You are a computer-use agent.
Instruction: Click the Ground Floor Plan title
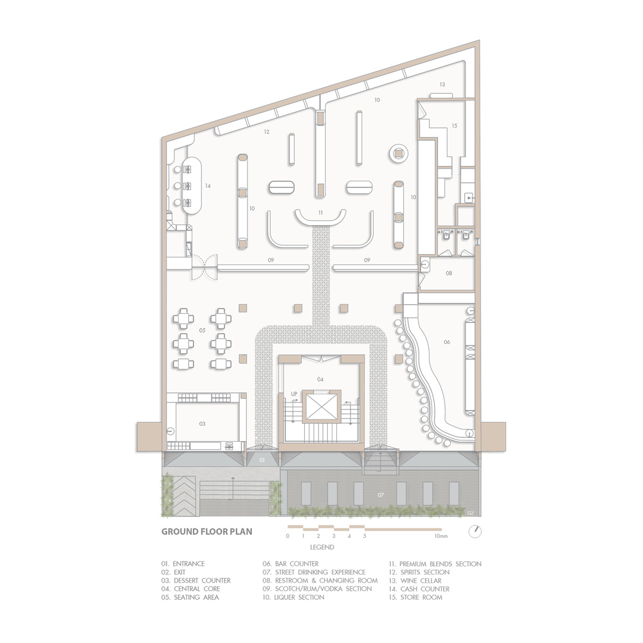tap(206, 532)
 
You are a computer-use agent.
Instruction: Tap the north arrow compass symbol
tap(475, 532)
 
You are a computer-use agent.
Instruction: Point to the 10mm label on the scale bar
tap(441, 536)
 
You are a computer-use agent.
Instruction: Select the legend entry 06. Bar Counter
tap(291, 564)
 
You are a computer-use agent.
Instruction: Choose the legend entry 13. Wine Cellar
tap(415, 581)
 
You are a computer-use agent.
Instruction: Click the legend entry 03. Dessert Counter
tap(195, 581)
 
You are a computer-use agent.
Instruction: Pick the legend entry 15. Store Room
tap(415, 597)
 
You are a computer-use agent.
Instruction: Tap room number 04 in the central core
tap(320, 379)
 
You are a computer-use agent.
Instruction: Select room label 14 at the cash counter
tap(208, 186)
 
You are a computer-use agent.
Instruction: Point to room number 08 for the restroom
tap(449, 273)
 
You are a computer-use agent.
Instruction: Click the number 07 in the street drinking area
tap(381, 495)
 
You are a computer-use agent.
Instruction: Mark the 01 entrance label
tap(262, 460)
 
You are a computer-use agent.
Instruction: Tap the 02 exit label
tap(471, 513)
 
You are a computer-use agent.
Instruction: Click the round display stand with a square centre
tap(399, 154)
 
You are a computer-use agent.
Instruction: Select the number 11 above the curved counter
tap(321, 212)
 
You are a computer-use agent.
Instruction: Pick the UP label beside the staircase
tap(294, 394)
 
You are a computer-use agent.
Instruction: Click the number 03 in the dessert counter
tap(202, 424)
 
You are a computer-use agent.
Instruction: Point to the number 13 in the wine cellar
tap(442, 84)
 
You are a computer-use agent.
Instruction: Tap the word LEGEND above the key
tap(322, 547)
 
